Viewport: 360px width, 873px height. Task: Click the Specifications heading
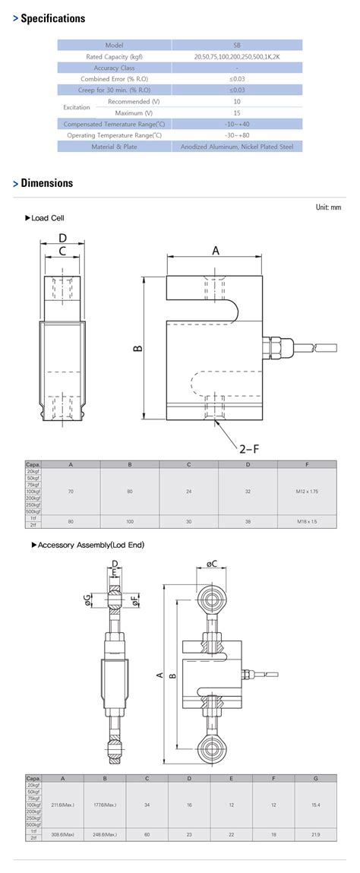(52, 18)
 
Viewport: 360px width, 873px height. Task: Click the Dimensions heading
(47, 183)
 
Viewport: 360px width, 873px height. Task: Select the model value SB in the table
(237, 46)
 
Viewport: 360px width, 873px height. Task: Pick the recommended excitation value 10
(237, 101)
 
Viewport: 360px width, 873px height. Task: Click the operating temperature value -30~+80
(237, 135)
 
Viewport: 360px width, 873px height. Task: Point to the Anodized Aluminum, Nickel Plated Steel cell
(237, 147)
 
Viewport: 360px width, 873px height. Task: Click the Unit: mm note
(328, 207)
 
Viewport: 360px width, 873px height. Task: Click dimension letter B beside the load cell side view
(137, 348)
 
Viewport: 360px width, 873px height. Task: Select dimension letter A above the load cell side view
(215, 250)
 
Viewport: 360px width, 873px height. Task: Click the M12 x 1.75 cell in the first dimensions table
(307, 492)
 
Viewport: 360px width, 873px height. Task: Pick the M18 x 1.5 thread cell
(307, 521)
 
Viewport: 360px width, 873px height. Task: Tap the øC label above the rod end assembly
(212, 563)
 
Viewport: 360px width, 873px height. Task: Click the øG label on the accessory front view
(88, 601)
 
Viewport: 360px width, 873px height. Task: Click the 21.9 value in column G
(314, 834)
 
